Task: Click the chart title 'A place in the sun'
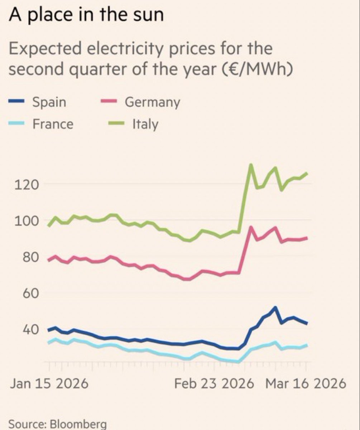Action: [86, 15]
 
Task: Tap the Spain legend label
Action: [49, 102]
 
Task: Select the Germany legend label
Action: [152, 102]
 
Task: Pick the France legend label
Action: [53, 124]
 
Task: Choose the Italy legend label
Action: [145, 124]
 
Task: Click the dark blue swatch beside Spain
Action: [16, 102]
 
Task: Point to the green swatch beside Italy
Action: [116, 124]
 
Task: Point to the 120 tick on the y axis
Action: [26, 185]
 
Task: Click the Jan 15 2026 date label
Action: [49, 384]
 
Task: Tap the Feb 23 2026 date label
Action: [214, 384]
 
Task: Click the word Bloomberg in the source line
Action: [78, 424]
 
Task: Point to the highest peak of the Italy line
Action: [251, 165]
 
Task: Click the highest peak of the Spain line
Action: [275, 307]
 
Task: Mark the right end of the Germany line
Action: [306, 238]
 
